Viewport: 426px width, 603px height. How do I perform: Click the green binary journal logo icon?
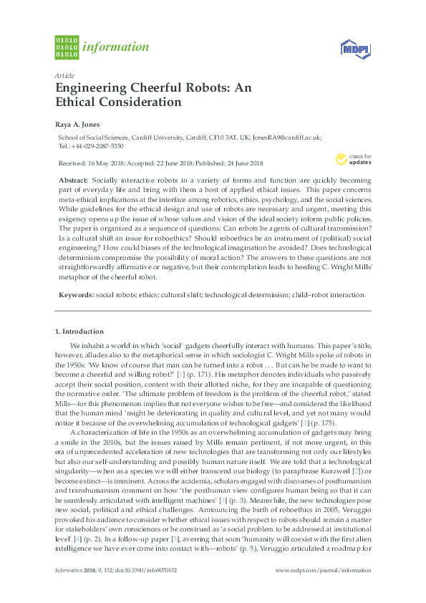[66, 47]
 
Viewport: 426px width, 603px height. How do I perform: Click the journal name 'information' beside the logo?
[116, 48]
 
